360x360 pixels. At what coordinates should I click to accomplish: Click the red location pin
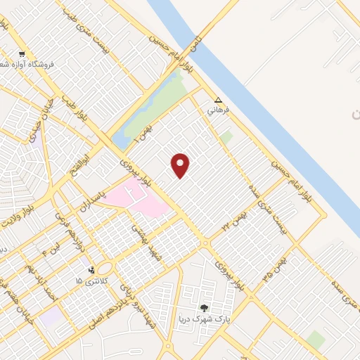point(181,165)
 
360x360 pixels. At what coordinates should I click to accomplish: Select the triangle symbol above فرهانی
point(219,100)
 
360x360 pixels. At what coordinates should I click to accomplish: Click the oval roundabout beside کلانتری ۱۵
point(105,269)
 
